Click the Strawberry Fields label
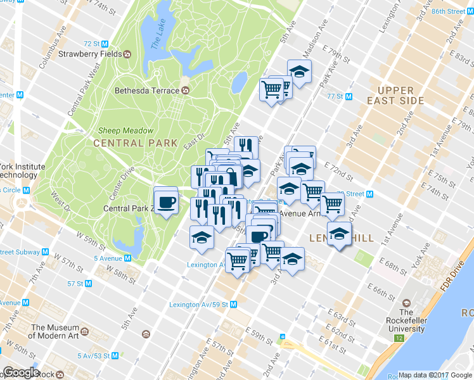(90, 54)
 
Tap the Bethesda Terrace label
(146, 91)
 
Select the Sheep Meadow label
(125, 130)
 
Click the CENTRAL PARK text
(134, 143)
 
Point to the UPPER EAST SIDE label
(395, 96)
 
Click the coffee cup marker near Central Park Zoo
(167, 201)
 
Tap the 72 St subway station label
(92, 44)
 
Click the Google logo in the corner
(20, 372)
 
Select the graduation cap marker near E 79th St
(299, 72)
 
